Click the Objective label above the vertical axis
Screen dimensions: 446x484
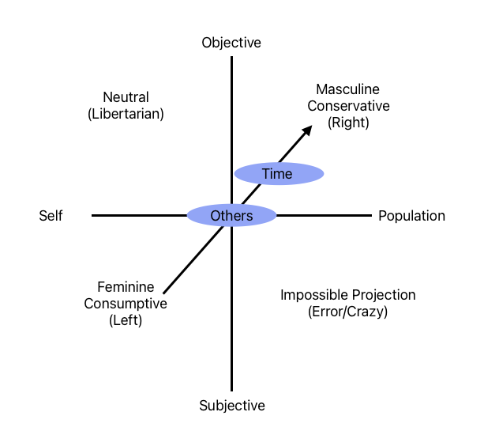(231, 43)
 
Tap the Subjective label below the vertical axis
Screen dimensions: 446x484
(231, 406)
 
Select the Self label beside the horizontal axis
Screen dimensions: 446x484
(51, 216)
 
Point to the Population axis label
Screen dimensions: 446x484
(411, 216)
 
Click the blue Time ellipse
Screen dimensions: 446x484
(279, 174)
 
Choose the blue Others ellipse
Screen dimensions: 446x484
(231, 216)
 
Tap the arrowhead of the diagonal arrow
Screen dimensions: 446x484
(306, 130)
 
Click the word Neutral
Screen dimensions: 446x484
(126, 98)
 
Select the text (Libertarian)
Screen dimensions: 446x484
(126, 114)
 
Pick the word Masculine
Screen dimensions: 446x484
(348, 90)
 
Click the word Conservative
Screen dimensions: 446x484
(348, 106)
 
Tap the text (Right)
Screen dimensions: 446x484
(348, 123)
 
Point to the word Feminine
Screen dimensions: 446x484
(126, 287)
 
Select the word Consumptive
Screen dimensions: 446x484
(126, 304)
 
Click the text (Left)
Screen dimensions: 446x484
(126, 319)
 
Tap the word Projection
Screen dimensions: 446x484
(381, 296)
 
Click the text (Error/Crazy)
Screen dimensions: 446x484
(348, 312)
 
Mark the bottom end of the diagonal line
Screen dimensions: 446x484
(163, 293)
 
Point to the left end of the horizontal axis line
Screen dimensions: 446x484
(93, 215)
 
